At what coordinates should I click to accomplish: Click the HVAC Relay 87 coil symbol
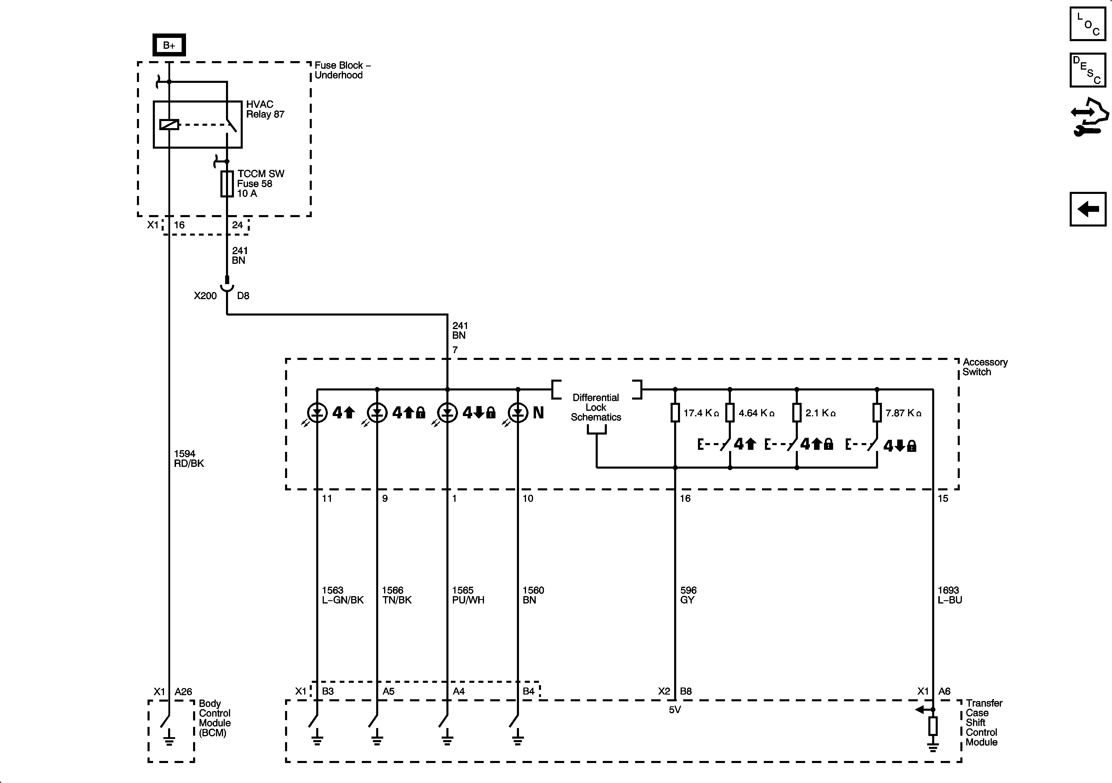click(169, 125)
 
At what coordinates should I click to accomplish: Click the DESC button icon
click(1088, 70)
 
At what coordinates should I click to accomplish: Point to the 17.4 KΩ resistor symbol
click(675, 413)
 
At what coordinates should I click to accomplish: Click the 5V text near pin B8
click(675, 710)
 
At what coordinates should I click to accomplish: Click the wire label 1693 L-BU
click(949, 595)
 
